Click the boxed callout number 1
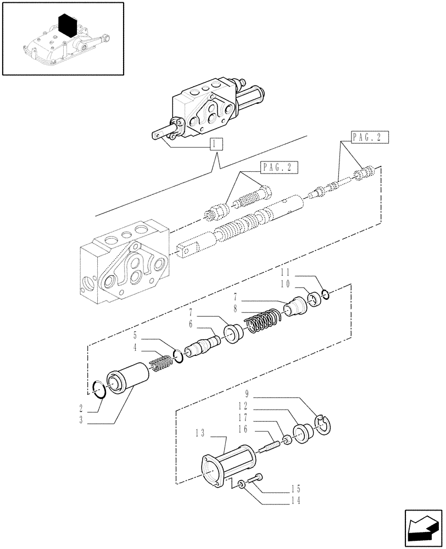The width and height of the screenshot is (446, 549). point(216,145)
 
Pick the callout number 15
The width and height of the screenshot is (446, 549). point(296,488)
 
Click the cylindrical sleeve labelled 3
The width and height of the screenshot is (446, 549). point(128,379)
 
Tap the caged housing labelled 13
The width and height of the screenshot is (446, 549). point(227,466)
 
